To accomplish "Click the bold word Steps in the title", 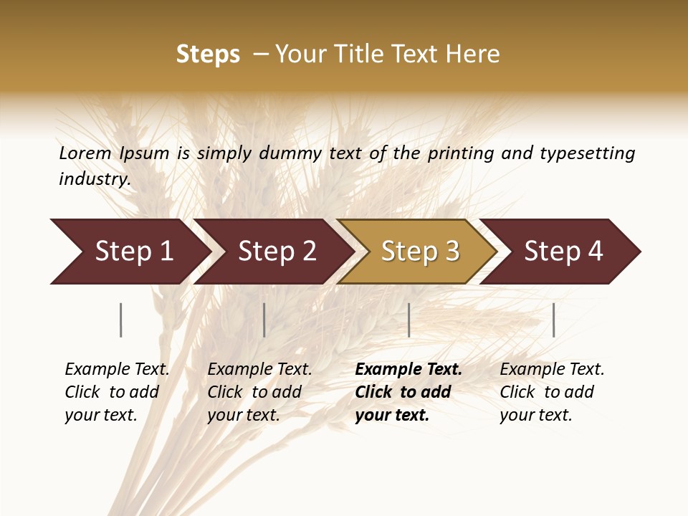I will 208,54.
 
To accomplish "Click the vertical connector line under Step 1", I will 121,320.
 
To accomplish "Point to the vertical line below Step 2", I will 264,320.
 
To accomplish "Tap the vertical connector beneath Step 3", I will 409,320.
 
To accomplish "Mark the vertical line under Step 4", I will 554,320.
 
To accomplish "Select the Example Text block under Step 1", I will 117,392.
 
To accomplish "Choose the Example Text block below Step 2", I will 259,392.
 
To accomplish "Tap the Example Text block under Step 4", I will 552,392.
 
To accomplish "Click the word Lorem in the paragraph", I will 85,153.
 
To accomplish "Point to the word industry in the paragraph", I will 94,178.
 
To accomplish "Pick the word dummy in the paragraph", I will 289,153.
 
